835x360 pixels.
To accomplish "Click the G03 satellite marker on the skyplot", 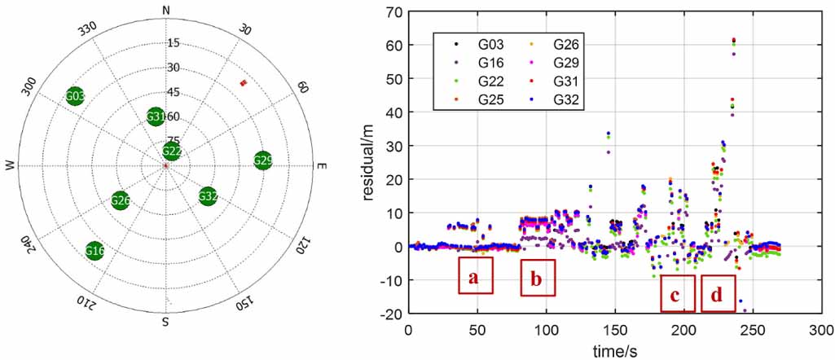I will (x=75, y=97).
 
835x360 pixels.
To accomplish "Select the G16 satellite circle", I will (x=95, y=250).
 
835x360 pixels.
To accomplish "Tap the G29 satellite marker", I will (x=262, y=160).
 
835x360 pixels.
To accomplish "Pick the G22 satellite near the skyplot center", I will (x=172, y=151).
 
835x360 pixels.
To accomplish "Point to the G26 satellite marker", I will (x=121, y=200).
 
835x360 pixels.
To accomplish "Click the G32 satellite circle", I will (x=208, y=196).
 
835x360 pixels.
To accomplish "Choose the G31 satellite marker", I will (x=156, y=117).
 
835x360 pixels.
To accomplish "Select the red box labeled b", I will (x=538, y=278).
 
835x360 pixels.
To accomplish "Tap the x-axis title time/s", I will (x=614, y=349).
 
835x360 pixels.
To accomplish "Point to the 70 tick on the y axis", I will (x=396, y=12).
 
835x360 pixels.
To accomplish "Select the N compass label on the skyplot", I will (x=166, y=10).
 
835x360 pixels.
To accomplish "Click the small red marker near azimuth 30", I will (x=243, y=82).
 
